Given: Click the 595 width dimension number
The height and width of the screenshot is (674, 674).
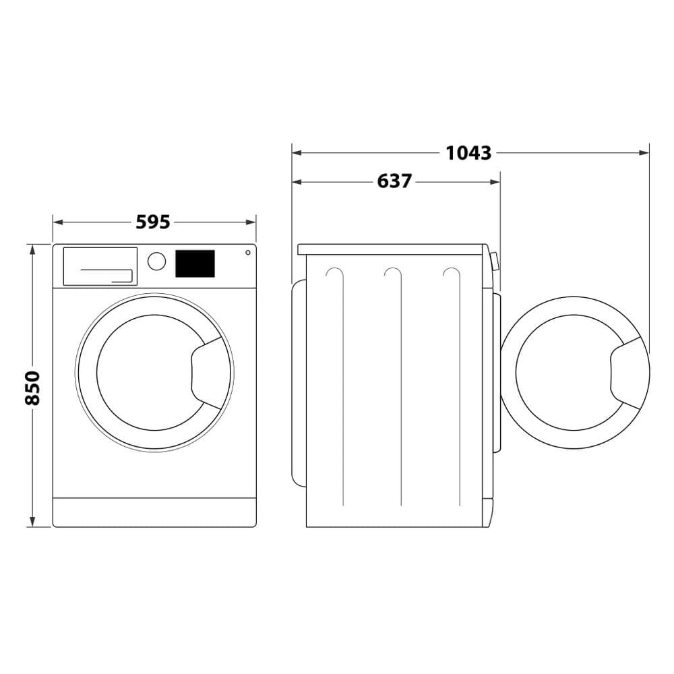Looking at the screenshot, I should (153, 222).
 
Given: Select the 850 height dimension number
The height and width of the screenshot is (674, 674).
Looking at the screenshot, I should (33, 388).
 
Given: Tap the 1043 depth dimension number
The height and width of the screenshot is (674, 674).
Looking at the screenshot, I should (468, 153).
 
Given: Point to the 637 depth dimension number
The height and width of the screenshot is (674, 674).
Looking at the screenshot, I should (394, 181).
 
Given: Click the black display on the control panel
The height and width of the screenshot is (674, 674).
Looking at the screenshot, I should (195, 264).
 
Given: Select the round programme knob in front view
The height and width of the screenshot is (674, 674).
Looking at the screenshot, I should (156, 262).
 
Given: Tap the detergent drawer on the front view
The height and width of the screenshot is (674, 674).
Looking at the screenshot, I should (100, 266).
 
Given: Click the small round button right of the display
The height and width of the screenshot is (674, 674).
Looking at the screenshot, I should (248, 253).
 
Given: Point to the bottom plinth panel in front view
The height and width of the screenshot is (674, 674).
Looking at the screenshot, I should (154, 512).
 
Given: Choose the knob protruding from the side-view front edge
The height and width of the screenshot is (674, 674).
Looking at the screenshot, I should (495, 261).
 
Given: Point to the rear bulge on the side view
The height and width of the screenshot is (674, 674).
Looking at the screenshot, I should (297, 384).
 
